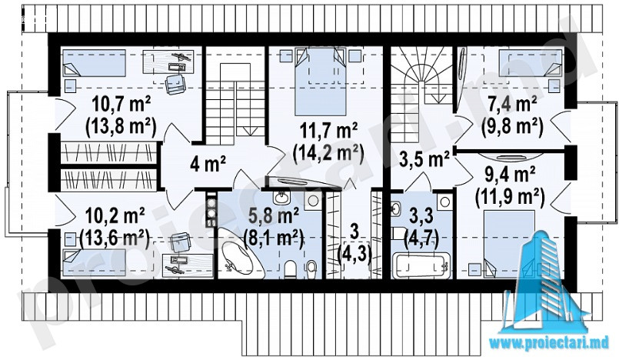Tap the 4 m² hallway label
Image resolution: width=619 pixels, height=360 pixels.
(x=208, y=164)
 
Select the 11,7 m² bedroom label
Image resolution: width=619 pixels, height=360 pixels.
(x=329, y=131)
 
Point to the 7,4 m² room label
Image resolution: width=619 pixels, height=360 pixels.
(x=512, y=105)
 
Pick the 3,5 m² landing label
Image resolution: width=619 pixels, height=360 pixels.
(x=424, y=159)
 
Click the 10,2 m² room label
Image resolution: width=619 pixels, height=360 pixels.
(x=115, y=216)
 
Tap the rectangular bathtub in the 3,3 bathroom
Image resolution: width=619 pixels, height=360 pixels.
(x=421, y=265)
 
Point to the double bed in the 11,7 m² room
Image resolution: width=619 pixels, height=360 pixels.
(x=320, y=82)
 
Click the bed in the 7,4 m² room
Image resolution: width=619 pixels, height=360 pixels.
(x=530, y=63)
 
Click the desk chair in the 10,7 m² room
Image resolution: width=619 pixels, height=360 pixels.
(x=175, y=84)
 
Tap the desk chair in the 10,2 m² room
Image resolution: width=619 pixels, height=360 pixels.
(x=181, y=242)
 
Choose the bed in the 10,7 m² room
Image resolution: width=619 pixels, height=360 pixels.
(x=95, y=63)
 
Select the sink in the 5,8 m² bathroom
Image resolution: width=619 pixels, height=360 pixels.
(x=281, y=198)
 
